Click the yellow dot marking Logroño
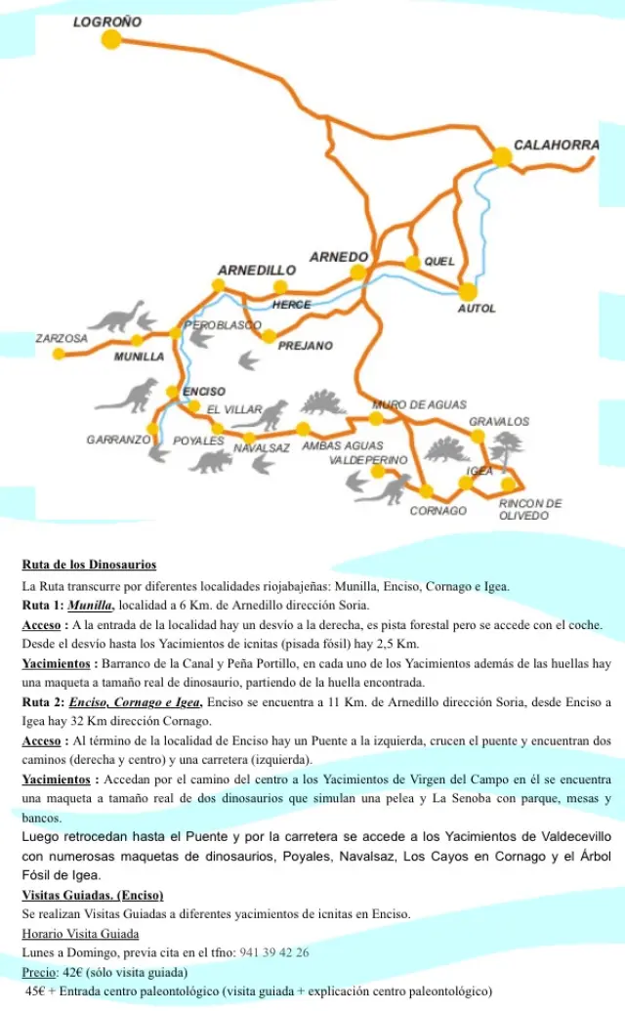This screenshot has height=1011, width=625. point(111,39)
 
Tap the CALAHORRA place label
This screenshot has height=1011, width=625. point(556,145)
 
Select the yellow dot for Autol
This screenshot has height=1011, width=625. point(468,291)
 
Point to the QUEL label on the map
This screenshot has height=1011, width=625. point(439,262)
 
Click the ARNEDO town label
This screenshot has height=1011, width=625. point(339,257)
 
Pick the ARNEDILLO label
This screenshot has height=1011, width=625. point(257,270)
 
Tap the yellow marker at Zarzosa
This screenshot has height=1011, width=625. point(59,354)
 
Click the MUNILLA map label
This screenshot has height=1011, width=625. point(139,357)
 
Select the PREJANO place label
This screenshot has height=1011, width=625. point(305,346)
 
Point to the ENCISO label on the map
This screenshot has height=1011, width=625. point(205,392)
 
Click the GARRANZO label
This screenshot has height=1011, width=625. point(118,441)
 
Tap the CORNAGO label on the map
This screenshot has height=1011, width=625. point(437,511)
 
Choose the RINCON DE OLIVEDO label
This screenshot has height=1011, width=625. point(530,509)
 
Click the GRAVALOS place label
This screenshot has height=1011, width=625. point(499,421)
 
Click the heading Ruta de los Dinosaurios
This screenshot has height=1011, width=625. point(89,565)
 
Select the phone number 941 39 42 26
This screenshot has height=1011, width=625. point(274,952)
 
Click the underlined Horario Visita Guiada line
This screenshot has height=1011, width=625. point(80,934)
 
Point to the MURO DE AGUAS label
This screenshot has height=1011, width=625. point(419,404)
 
